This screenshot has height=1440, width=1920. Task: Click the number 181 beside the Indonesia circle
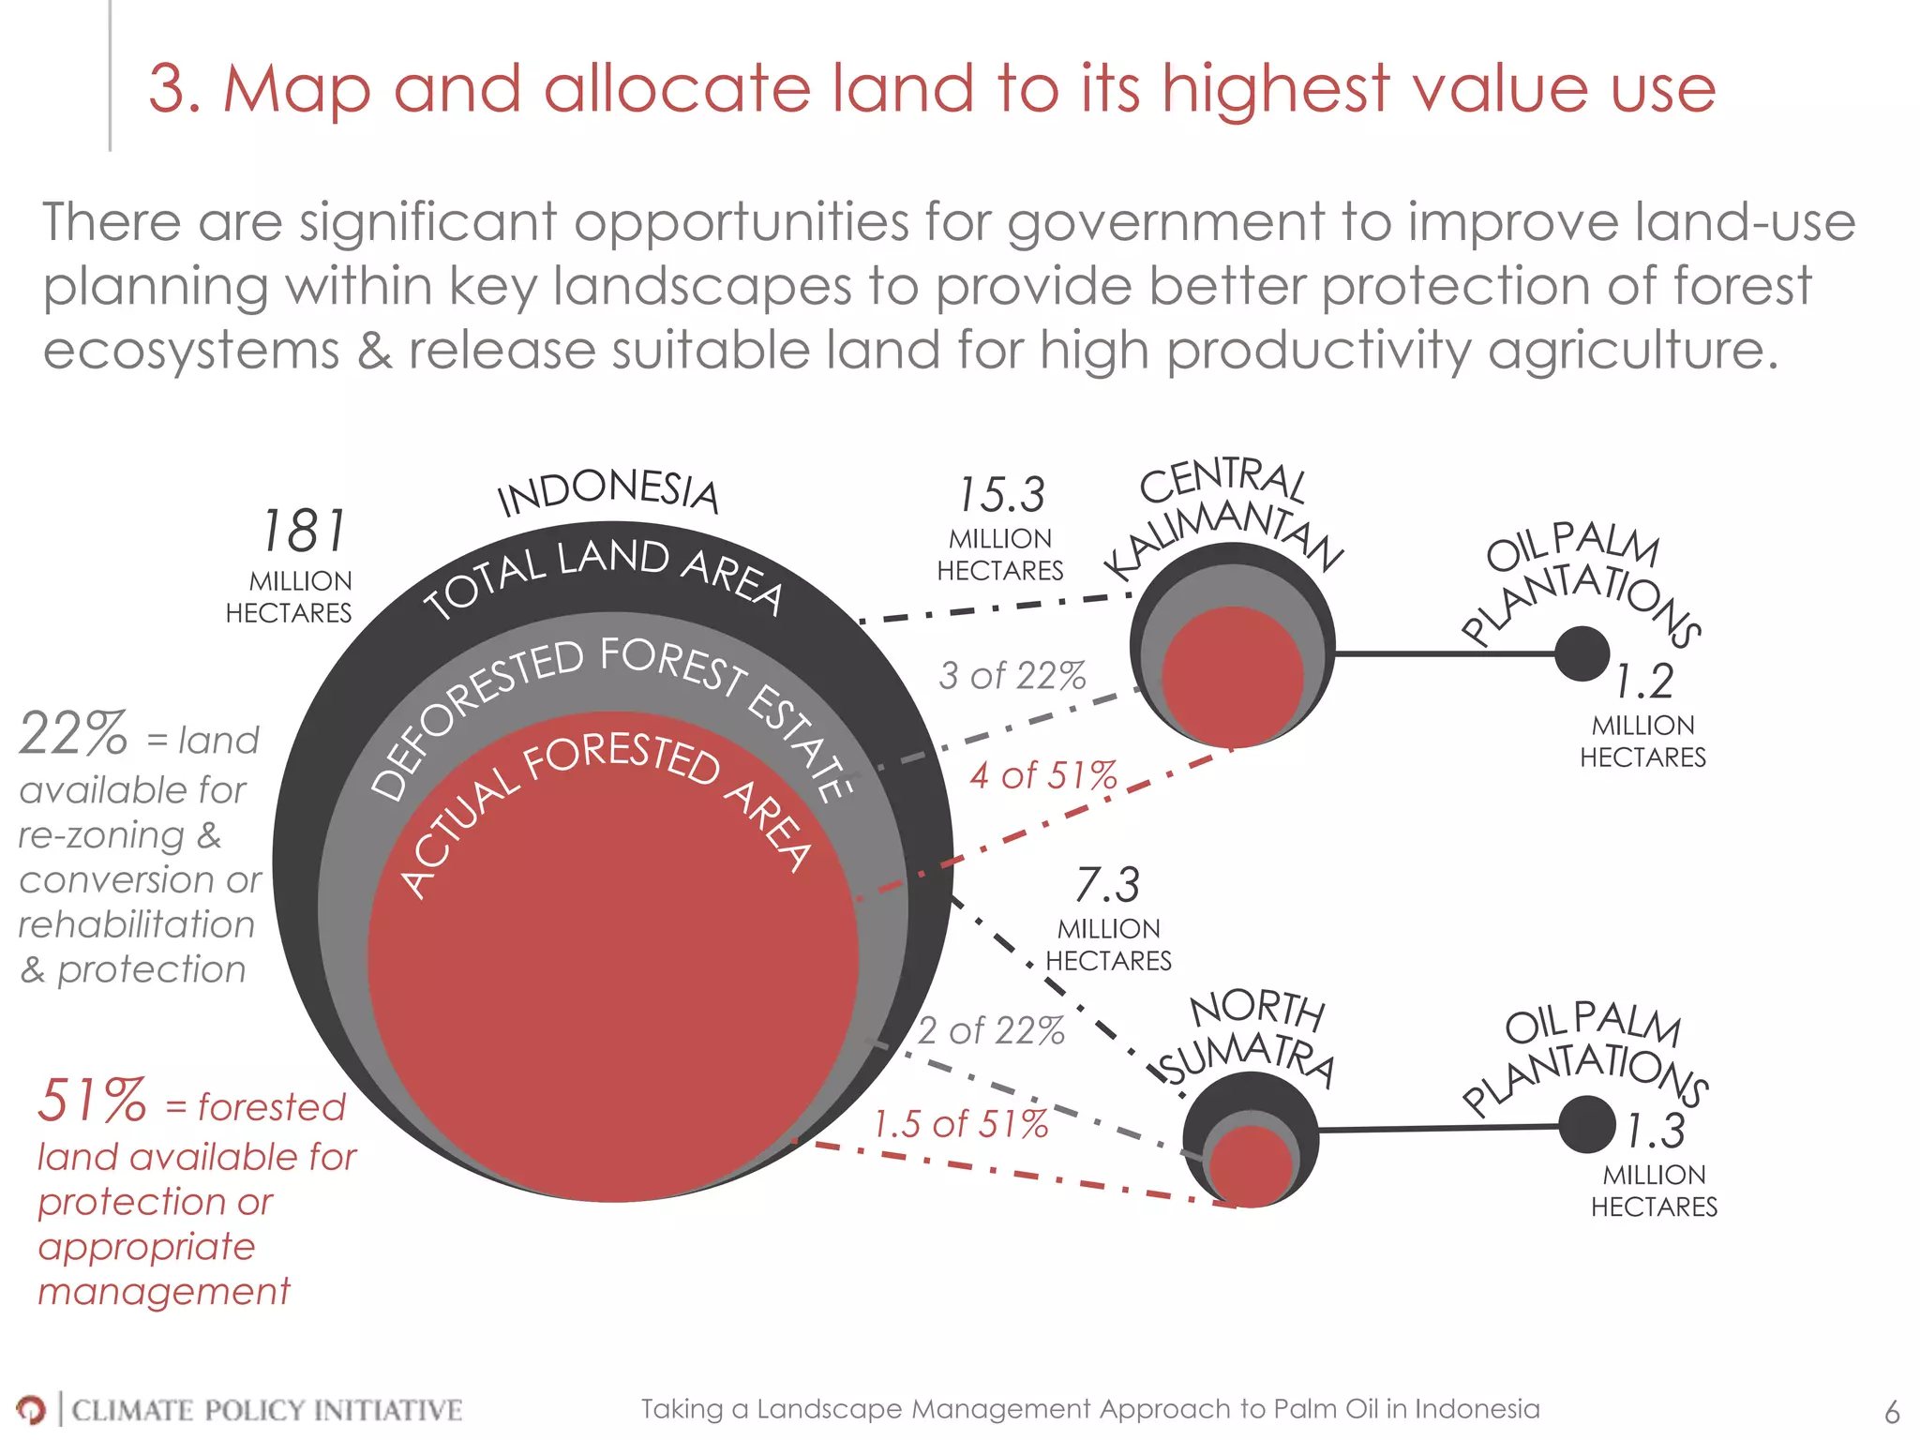click(303, 532)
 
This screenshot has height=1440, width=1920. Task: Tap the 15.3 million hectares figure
click(1001, 495)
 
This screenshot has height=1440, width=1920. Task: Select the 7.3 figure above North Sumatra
click(1107, 885)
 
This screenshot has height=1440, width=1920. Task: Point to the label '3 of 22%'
click(1012, 675)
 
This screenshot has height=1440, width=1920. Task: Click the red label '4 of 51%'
click(1043, 775)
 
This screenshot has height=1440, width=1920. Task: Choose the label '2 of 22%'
click(991, 1030)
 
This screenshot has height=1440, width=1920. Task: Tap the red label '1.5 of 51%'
click(961, 1123)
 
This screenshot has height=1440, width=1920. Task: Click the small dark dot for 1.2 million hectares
click(1582, 653)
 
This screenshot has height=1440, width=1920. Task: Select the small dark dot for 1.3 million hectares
click(1586, 1125)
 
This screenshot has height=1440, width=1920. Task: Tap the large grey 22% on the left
click(73, 733)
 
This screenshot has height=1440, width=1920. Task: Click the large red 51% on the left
click(92, 1101)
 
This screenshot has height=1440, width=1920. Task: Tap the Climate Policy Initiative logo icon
click(30, 1409)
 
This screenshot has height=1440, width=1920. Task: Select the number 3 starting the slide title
click(169, 90)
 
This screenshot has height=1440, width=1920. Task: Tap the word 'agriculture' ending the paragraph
click(1631, 351)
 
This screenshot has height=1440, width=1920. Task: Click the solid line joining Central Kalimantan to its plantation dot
click(1444, 653)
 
